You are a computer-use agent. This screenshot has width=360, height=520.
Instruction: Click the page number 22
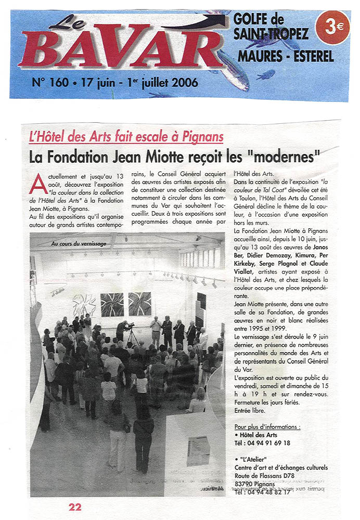[75, 506]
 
